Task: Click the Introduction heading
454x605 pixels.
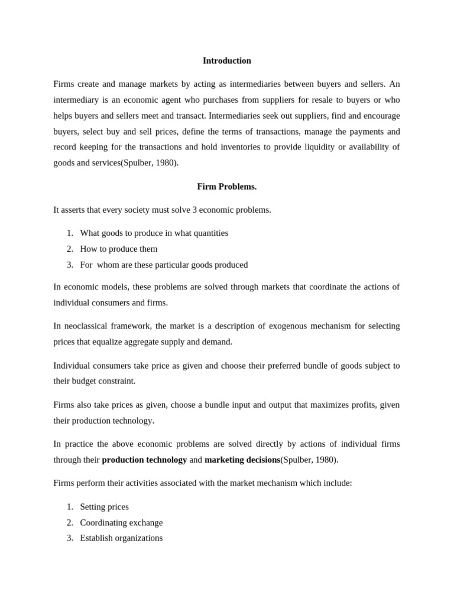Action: point(226,61)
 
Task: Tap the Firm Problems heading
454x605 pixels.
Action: point(226,187)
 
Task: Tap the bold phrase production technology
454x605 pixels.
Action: point(144,460)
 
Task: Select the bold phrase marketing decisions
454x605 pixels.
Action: point(242,460)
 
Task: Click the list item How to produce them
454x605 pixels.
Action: point(118,249)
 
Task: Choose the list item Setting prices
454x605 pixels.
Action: point(104,507)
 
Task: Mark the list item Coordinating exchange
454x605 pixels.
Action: point(121,523)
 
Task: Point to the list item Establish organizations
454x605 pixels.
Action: point(121,538)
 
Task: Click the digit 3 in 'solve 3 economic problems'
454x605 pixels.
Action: point(194,210)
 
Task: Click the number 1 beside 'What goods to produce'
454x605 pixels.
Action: point(69,233)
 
